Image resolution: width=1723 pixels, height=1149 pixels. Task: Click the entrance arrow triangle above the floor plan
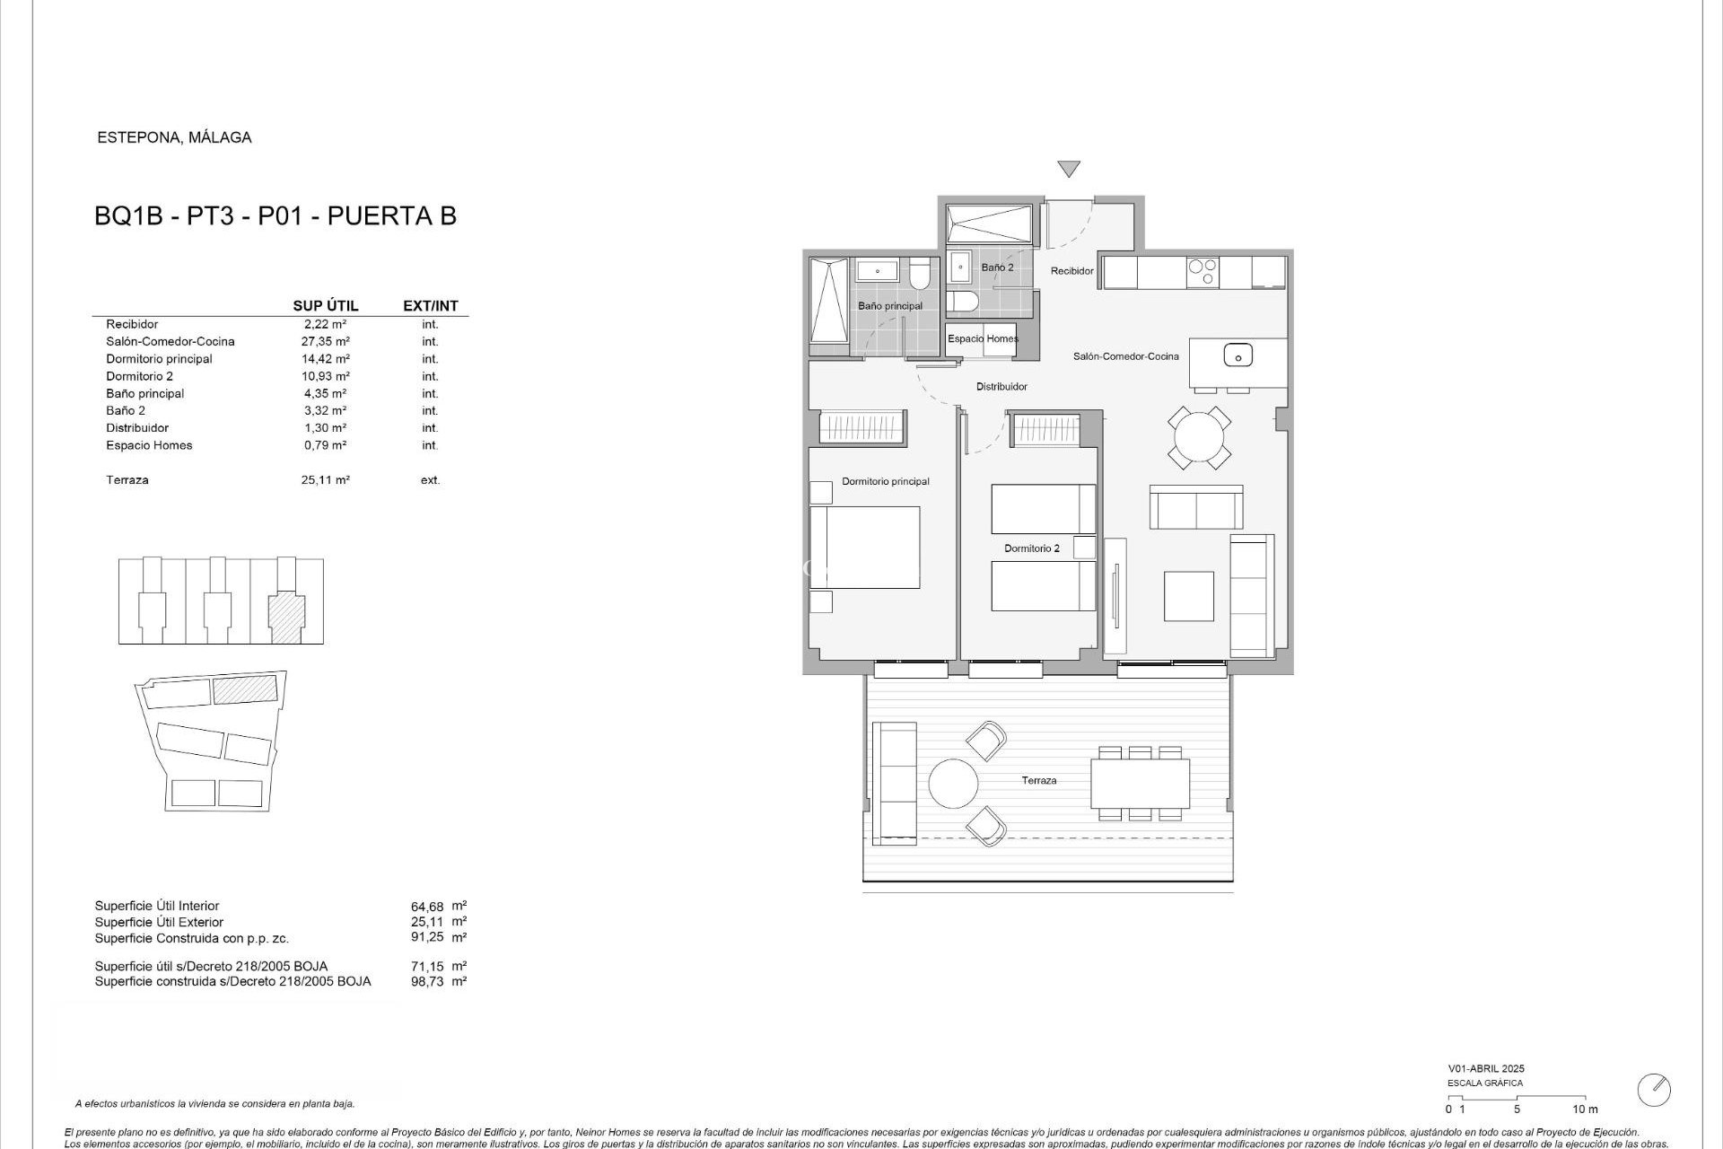[1068, 169]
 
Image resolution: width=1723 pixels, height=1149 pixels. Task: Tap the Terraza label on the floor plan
[1038, 781]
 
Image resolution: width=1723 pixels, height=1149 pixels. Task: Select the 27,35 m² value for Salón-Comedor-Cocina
[325, 341]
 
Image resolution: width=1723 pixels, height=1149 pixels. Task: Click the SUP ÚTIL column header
[326, 306]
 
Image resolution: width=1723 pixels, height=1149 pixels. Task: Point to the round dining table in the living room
[1199, 438]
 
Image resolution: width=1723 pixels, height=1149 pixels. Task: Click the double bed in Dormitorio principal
[865, 548]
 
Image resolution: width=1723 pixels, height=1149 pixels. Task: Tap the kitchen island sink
[1238, 355]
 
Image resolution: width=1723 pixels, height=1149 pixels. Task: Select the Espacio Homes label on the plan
[983, 338]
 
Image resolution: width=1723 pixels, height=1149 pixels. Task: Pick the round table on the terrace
[953, 784]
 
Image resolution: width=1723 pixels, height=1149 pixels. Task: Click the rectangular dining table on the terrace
[1140, 784]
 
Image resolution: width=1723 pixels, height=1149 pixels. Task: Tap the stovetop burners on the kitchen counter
[1202, 272]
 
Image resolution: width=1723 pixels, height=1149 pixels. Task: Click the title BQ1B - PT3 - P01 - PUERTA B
[276, 216]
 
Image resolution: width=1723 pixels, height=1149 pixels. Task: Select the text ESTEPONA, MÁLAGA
[174, 137]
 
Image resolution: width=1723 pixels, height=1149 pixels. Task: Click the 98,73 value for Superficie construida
[426, 981]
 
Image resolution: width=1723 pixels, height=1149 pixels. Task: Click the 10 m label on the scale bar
[1585, 1110]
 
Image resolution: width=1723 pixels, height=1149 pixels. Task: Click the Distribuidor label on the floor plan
[1001, 387]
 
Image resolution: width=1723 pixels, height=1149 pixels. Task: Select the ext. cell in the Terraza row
[430, 480]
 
